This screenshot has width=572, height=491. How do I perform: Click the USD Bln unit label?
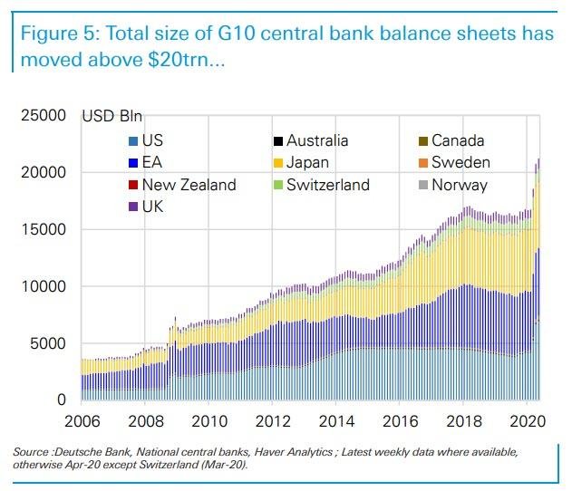click(113, 116)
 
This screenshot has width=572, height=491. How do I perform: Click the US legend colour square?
click(134, 141)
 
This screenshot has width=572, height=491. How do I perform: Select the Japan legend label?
click(307, 163)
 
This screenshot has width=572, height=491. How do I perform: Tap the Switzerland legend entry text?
click(328, 185)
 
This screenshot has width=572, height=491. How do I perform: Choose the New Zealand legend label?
click(189, 185)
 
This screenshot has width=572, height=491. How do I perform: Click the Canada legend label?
click(458, 140)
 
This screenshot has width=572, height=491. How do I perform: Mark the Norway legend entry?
click(459, 185)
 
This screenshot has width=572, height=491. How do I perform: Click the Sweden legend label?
click(461, 163)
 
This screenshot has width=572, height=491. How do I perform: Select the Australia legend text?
click(317, 140)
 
